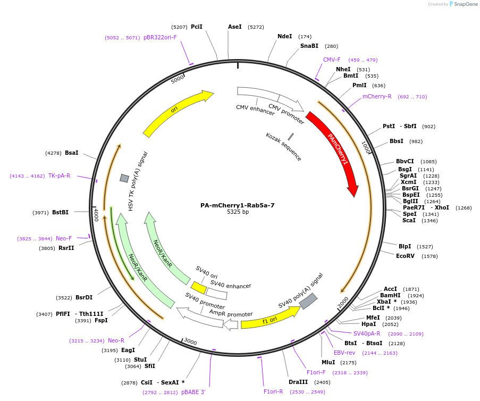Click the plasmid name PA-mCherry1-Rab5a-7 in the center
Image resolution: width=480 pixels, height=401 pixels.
coord(238,205)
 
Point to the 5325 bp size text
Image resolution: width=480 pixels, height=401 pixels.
coord(238,212)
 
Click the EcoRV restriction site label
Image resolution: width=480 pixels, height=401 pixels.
coord(405,256)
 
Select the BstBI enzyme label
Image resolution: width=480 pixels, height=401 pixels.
coord(60,212)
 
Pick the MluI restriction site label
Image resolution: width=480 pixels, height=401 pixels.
coord(328,362)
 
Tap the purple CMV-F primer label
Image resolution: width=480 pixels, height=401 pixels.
coord(332,60)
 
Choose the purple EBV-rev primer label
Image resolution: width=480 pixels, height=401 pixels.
coord(344,353)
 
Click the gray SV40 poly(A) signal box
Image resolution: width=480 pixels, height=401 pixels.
coord(308,301)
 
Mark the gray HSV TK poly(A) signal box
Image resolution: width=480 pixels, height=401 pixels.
coord(124,178)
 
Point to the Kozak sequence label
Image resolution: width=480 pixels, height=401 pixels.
coord(283,147)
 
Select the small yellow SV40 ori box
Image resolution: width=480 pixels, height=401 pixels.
coord(199,288)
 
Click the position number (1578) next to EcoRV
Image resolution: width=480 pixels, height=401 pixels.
coord(430,256)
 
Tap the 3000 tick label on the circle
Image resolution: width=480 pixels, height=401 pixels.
coord(190,342)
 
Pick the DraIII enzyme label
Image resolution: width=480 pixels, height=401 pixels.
coord(298,382)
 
